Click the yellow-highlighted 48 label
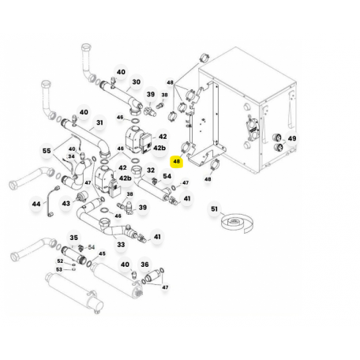pos(177,161)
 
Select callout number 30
pos(136,82)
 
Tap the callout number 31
pos(99,122)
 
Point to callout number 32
pos(151,171)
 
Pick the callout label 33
pos(121,245)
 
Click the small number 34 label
pos(71,156)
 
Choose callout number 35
pos(73,238)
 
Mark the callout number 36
pos(144,264)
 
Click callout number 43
pos(66,204)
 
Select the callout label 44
pos(36,204)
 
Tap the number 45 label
pos(102,253)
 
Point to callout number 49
pos(292,138)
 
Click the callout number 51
pos(214,209)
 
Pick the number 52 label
pos(60,261)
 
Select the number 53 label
pos(59,269)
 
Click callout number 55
pos(47,151)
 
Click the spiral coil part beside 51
pos(237,223)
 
